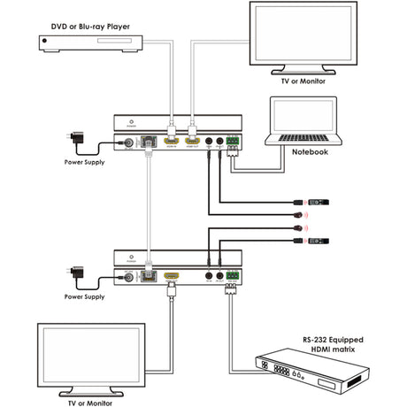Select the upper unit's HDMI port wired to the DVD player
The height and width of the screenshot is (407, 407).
coord(170,141)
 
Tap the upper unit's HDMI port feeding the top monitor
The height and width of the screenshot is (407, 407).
coord(192,141)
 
